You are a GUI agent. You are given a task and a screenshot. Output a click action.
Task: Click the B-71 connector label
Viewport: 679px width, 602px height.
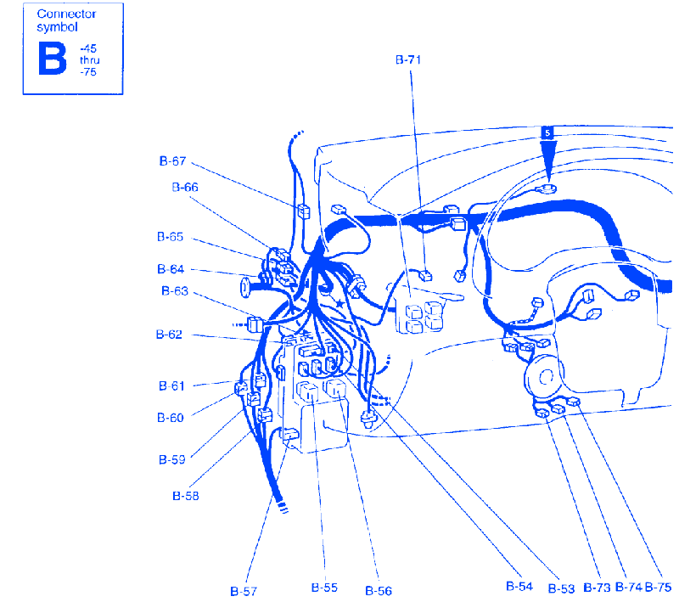[x=408, y=59]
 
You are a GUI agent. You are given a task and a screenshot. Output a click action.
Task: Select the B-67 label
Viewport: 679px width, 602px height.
[x=172, y=161]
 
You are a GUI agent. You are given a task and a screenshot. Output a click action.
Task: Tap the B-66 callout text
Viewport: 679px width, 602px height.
[x=185, y=187]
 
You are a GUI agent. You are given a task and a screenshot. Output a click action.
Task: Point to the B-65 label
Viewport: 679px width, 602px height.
[x=171, y=237]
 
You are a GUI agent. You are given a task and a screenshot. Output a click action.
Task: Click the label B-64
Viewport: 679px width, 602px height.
[x=171, y=269]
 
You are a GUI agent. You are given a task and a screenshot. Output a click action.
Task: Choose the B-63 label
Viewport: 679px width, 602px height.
[x=175, y=290]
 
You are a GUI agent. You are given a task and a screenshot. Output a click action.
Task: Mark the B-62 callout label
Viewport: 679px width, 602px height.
[x=169, y=335]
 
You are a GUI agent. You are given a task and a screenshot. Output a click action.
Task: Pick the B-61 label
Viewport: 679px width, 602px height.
[x=171, y=385]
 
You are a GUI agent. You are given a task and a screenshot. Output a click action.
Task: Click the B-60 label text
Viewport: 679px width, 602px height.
[x=171, y=418]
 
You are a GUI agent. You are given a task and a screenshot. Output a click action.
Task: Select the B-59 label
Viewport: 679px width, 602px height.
[x=172, y=459]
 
